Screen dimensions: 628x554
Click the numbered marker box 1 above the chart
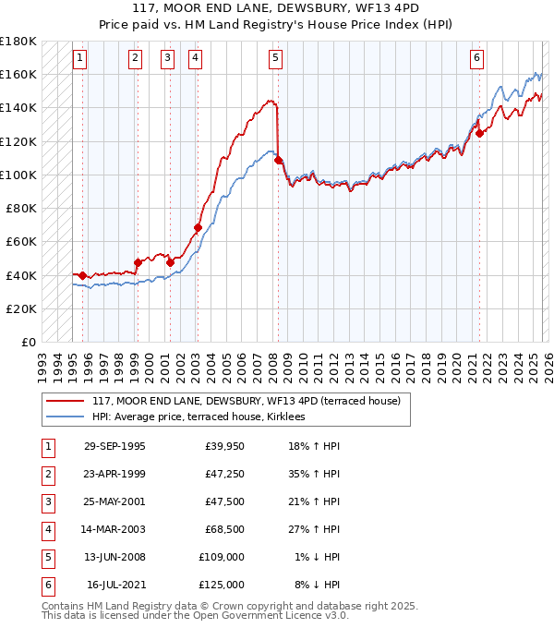79,58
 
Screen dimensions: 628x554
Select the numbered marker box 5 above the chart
276,58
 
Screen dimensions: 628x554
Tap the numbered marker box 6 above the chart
476,58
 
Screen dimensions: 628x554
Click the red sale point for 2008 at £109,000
279,160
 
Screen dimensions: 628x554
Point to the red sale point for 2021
479,133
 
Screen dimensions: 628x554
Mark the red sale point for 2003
198,227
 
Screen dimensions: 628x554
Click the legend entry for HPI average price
204,417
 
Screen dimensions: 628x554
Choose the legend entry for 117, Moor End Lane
246,402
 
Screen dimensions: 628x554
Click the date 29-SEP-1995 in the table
114,446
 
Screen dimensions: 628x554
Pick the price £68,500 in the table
222,529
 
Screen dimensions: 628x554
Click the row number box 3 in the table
46,501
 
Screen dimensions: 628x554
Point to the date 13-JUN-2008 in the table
114,557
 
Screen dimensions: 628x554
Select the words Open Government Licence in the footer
265,615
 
